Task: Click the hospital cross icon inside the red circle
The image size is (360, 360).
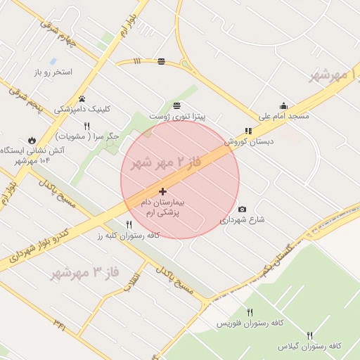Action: tap(162, 191)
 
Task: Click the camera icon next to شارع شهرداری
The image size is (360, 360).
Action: tap(243, 209)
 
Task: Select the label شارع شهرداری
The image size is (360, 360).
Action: tap(243, 220)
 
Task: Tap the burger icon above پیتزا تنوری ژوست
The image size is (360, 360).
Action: tap(167, 105)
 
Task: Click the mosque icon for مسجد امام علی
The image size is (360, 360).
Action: tap(283, 105)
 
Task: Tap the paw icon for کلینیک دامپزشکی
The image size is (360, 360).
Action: tap(82, 98)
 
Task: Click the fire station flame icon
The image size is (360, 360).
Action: tap(32, 140)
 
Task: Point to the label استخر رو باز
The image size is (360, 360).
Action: tap(53, 72)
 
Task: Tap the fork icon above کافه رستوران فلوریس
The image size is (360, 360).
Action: tap(250, 312)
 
